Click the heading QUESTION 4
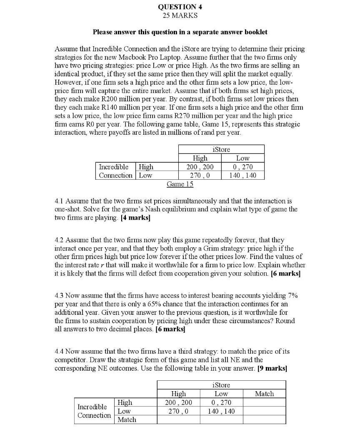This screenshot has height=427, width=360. coord(180,7)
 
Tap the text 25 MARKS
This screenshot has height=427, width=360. coord(180,15)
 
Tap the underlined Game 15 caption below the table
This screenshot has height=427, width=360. coord(180,184)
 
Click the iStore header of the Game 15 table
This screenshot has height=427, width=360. coord(221,149)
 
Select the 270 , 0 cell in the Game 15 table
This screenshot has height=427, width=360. coord(200,176)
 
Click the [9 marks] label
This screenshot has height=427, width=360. coord(272,368)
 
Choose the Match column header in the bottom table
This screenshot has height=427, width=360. coord(264,394)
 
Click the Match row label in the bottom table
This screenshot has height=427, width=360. coord(127,419)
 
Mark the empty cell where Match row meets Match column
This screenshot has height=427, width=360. coord(264,419)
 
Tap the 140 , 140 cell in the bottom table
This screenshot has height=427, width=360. coord(221,411)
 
